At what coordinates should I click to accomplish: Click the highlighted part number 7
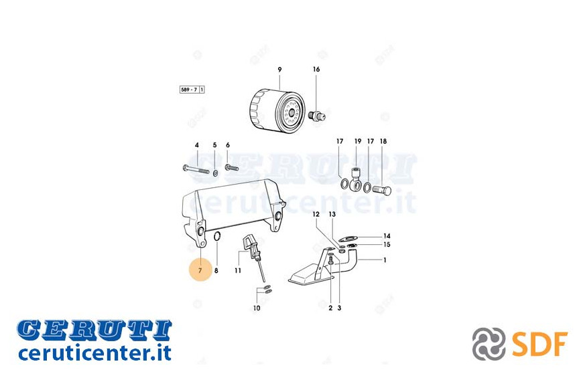coord(200,270)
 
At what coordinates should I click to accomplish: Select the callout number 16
coord(316,69)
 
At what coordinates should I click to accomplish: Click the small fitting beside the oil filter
coord(317,115)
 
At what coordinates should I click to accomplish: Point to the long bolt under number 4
coord(196,170)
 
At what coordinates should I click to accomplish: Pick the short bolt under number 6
coord(231,167)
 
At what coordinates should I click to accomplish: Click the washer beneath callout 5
coord(215,173)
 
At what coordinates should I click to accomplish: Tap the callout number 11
coord(238,271)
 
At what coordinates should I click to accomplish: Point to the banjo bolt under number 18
coord(381,191)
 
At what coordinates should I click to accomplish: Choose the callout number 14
coord(387,235)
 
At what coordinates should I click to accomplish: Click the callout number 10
coord(257,308)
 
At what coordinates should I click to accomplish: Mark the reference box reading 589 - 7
coord(192,90)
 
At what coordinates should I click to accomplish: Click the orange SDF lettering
coord(539,345)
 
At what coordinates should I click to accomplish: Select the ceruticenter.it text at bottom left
coord(94,353)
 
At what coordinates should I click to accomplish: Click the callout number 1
coord(385,260)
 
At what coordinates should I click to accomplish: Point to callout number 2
coord(330,308)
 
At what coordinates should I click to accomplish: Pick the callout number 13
coord(332,214)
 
